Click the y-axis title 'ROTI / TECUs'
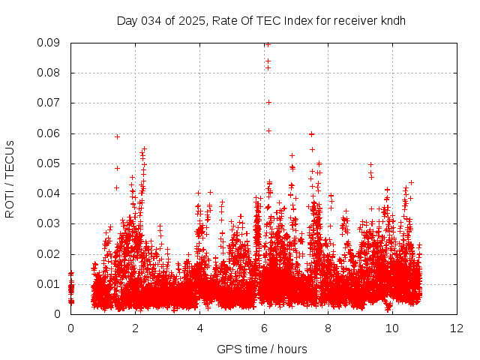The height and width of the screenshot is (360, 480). [x=10, y=178]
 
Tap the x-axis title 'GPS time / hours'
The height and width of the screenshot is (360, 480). [x=262, y=349]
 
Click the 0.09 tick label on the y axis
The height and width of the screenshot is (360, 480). [x=50, y=43]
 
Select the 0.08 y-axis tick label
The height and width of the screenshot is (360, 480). [x=50, y=73]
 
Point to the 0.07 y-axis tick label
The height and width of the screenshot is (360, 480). [x=50, y=103]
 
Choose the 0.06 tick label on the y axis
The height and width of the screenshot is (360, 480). [x=50, y=133]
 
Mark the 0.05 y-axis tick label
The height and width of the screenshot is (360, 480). [x=50, y=163]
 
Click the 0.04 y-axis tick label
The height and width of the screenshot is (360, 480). [x=50, y=193]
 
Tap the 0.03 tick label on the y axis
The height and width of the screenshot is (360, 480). [x=50, y=223]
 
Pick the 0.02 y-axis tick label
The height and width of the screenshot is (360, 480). [x=50, y=253]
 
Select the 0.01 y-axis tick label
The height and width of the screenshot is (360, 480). [x=50, y=284]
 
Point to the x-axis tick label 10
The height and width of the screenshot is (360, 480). [x=392, y=328]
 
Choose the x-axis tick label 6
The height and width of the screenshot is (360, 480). [x=264, y=328]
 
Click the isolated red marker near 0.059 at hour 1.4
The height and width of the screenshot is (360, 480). [x=117, y=136]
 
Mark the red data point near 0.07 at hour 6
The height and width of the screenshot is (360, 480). [x=268, y=102]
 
